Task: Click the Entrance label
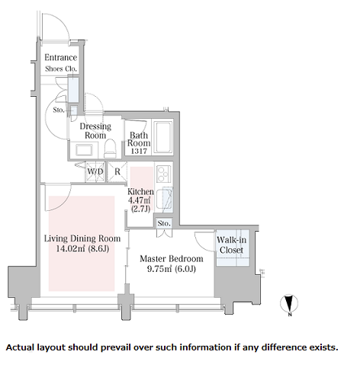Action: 60,58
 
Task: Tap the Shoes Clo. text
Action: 61,69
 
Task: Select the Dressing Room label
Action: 95,130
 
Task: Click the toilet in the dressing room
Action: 110,149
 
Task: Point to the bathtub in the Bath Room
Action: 162,137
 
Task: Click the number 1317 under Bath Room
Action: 139,151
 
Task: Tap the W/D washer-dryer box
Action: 95,171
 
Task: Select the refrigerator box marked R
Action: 117,171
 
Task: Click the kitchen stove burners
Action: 162,174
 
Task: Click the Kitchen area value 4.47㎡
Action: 140,200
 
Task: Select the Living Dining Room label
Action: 82,238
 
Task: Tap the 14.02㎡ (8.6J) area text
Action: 82,248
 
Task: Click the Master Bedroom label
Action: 172,259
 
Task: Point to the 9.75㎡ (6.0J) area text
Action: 172,269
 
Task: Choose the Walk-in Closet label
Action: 231,245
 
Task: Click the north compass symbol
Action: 289,303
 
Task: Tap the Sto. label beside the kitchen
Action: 164,223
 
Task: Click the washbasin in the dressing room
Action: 84,150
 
